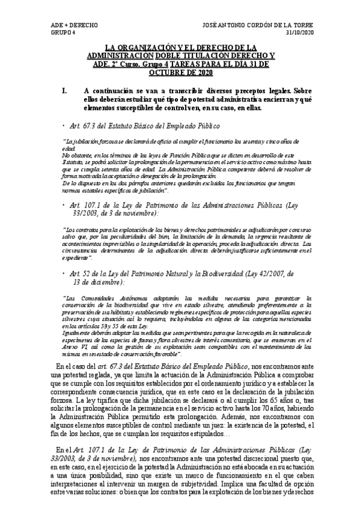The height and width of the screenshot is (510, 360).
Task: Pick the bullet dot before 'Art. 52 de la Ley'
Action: [64, 274]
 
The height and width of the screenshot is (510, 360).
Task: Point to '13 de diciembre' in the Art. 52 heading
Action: [97, 282]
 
